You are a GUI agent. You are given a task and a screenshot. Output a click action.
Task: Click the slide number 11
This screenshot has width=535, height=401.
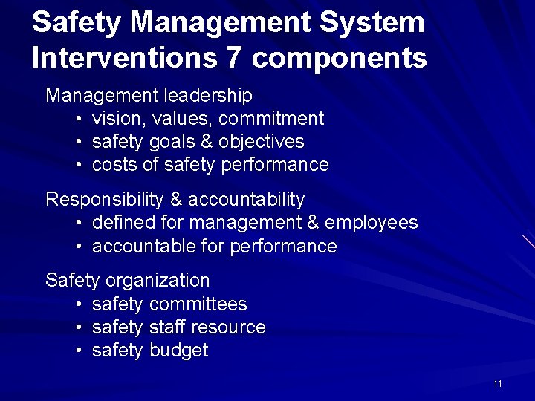click(x=498, y=383)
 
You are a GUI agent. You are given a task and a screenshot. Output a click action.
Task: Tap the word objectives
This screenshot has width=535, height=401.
click(x=262, y=142)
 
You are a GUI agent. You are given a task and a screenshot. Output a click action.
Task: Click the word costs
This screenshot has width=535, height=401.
click(x=114, y=165)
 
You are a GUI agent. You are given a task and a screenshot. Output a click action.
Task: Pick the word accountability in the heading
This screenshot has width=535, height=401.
click(x=246, y=200)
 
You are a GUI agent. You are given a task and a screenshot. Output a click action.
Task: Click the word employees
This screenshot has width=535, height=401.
click(x=372, y=223)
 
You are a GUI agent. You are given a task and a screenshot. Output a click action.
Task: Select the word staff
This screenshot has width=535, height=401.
click(x=167, y=327)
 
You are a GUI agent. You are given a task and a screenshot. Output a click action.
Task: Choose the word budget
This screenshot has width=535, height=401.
click(x=178, y=351)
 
